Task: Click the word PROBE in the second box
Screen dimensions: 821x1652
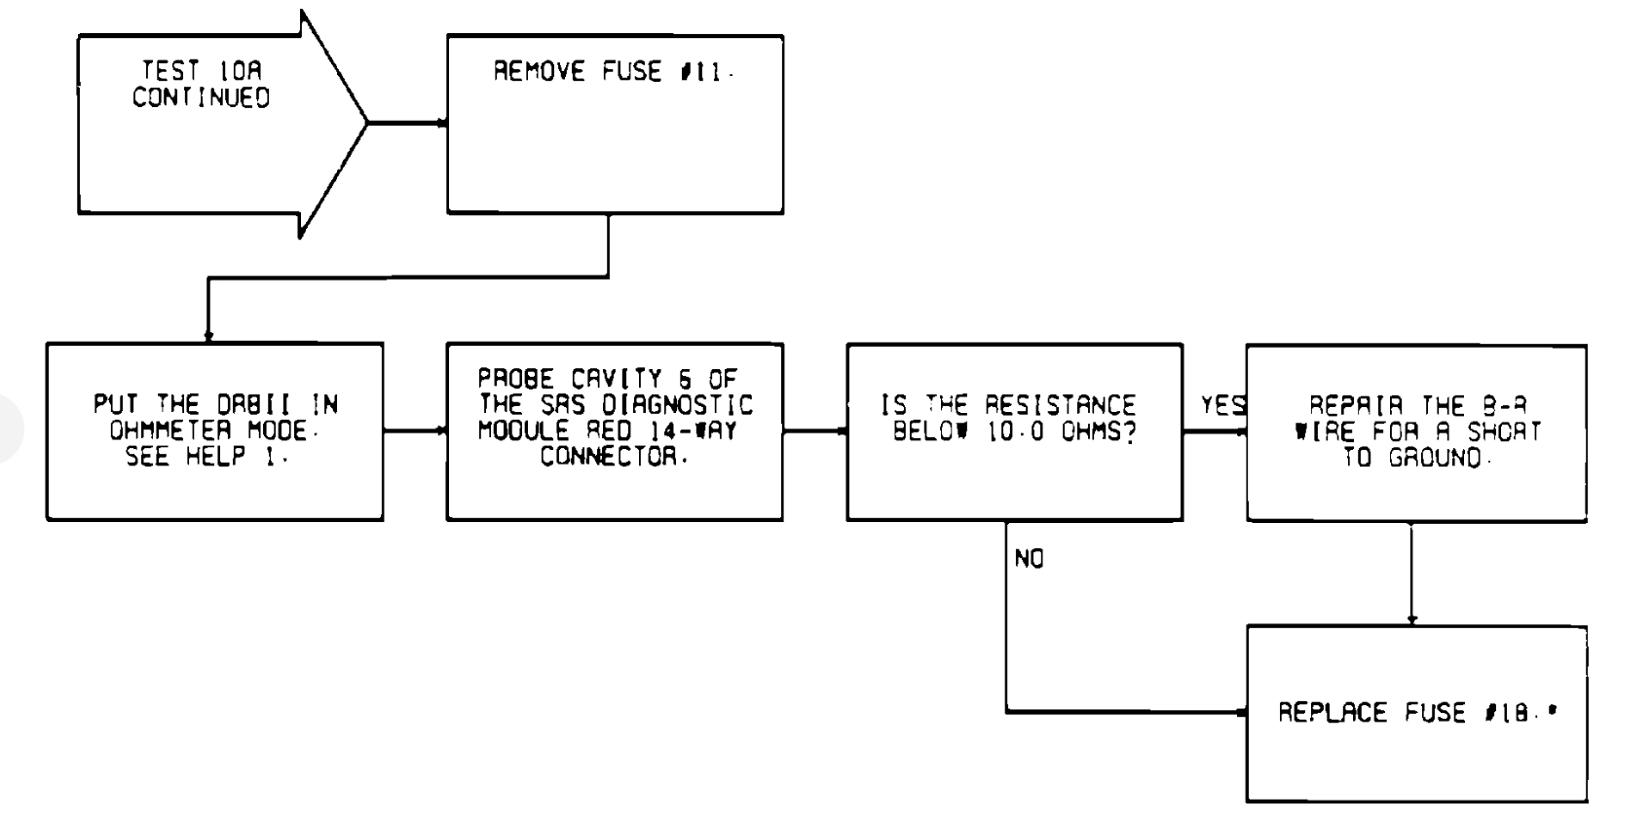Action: [x=515, y=379]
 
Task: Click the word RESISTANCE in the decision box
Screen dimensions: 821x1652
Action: [x=1060, y=405]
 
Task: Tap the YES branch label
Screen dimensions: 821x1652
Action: [x=1222, y=405]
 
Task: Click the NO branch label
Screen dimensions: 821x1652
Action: [x=1029, y=559]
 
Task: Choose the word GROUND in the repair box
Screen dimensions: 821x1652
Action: [x=1436, y=458]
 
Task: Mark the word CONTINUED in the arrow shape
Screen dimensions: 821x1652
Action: [x=202, y=97]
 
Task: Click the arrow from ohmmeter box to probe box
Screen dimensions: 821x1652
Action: [x=415, y=430]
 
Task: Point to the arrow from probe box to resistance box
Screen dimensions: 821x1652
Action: [x=815, y=430]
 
